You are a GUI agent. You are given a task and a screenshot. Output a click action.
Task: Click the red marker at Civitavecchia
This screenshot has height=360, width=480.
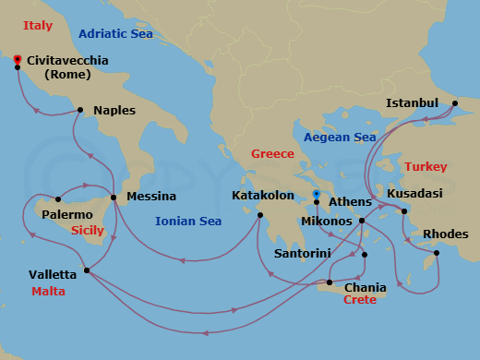click(x=18, y=60)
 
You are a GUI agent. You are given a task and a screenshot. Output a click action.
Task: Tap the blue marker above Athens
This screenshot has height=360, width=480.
click(x=316, y=194)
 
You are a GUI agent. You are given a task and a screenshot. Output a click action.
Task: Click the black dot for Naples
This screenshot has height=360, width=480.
click(x=81, y=110)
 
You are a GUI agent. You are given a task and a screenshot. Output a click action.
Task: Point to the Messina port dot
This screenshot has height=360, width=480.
click(x=113, y=197)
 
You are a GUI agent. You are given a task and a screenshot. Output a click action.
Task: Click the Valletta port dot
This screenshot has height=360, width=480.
click(x=86, y=270)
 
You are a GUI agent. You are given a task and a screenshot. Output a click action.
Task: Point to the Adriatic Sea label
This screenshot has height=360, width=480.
click(x=115, y=34)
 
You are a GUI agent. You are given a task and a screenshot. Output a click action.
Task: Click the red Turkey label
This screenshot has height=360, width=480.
click(x=425, y=166)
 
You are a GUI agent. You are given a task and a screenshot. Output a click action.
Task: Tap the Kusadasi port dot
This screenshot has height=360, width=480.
click(x=404, y=213)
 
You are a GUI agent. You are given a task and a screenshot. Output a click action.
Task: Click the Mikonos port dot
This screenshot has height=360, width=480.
click(x=362, y=222)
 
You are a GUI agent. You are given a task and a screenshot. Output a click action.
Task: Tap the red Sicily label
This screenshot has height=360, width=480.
click(x=88, y=230)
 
